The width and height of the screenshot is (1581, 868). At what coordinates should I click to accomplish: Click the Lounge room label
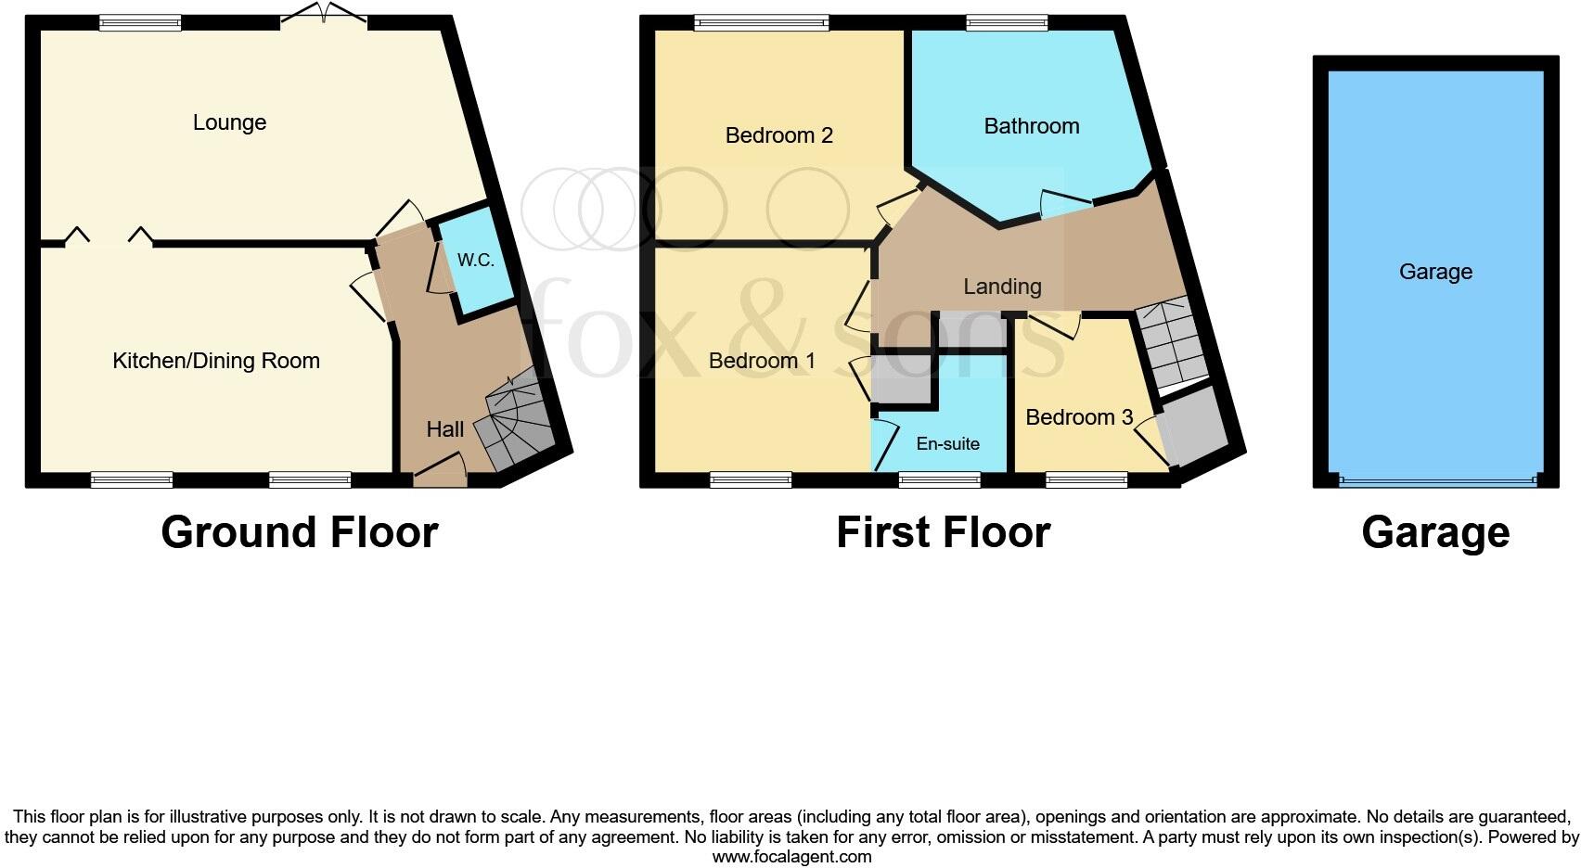(x=229, y=122)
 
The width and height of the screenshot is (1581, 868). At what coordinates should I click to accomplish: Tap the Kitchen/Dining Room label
(x=215, y=361)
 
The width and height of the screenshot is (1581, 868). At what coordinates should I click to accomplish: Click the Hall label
(x=444, y=429)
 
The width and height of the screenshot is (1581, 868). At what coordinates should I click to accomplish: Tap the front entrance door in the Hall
(x=440, y=474)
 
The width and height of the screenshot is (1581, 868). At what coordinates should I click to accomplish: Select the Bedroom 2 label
(x=778, y=135)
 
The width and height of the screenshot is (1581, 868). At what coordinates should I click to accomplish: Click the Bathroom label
(x=1031, y=126)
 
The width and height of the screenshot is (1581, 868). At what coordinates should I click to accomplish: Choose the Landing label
(x=1001, y=287)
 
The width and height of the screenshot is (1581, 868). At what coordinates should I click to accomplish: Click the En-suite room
(x=947, y=443)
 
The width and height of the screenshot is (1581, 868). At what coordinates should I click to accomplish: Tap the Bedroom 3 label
(x=1078, y=417)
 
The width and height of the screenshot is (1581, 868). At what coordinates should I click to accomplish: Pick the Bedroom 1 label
(x=762, y=361)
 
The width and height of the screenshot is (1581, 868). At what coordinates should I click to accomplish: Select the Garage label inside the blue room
(x=1434, y=272)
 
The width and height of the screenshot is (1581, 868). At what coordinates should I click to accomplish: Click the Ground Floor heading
(x=299, y=532)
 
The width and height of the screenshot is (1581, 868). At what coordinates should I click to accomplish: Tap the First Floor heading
(x=943, y=532)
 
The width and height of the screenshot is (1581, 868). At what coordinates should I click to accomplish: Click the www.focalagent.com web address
(x=791, y=857)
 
